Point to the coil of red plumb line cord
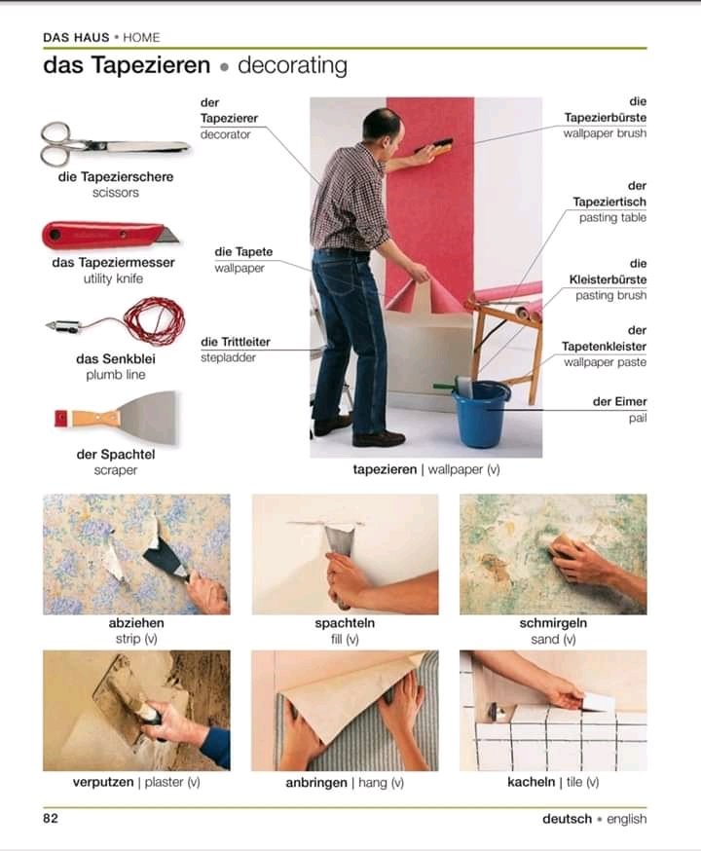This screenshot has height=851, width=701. pos(155,320)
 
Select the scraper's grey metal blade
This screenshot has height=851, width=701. pos(149,418)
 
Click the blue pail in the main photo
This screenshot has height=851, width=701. pos(481,414)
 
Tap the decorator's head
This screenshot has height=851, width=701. pos(384,127)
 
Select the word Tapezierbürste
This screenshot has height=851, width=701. pos(605,117)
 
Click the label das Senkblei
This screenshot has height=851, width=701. pos(116,358)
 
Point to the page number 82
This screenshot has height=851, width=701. pos(51,818)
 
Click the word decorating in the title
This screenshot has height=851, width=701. pos(292,65)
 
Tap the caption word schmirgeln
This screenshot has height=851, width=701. pos(553,623)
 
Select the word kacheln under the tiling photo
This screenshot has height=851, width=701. pos(532,782)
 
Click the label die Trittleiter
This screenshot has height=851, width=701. pos(236,342)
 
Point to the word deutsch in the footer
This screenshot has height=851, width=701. pos(567,819)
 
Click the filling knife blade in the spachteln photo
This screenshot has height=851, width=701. pos(338,540)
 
